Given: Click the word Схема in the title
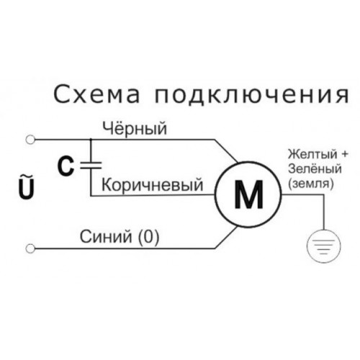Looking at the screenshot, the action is point(96,94).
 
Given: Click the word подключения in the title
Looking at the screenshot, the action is point(251,95).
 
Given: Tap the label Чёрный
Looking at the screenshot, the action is point(135,128).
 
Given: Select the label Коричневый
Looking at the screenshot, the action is point(152,185).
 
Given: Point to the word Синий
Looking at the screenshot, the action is point(106,236).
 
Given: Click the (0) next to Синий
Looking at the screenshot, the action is point(148,237).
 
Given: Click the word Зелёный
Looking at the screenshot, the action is point(315,168).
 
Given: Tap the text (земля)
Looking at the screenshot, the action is point(311,184).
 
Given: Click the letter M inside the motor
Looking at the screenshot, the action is point(248,194).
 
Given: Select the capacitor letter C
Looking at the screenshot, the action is point(66,166).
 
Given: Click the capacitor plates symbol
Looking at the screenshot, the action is point(91,165).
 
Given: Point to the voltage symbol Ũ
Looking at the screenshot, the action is point(27,188).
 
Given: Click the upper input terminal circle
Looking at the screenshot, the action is point(30,140).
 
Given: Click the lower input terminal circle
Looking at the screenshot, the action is point(30,248).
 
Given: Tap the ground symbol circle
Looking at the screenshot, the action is point(324,230).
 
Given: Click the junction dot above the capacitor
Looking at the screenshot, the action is point(91,140).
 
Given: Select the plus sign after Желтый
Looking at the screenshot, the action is point(345,154).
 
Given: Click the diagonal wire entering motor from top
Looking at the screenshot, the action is point(226,151).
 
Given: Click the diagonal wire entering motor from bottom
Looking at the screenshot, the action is point(226,237).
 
